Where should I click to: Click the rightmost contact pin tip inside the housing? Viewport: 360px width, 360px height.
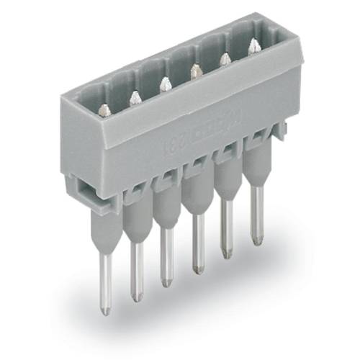(253, 45)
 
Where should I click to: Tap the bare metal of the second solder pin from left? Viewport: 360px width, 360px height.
(136, 277)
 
